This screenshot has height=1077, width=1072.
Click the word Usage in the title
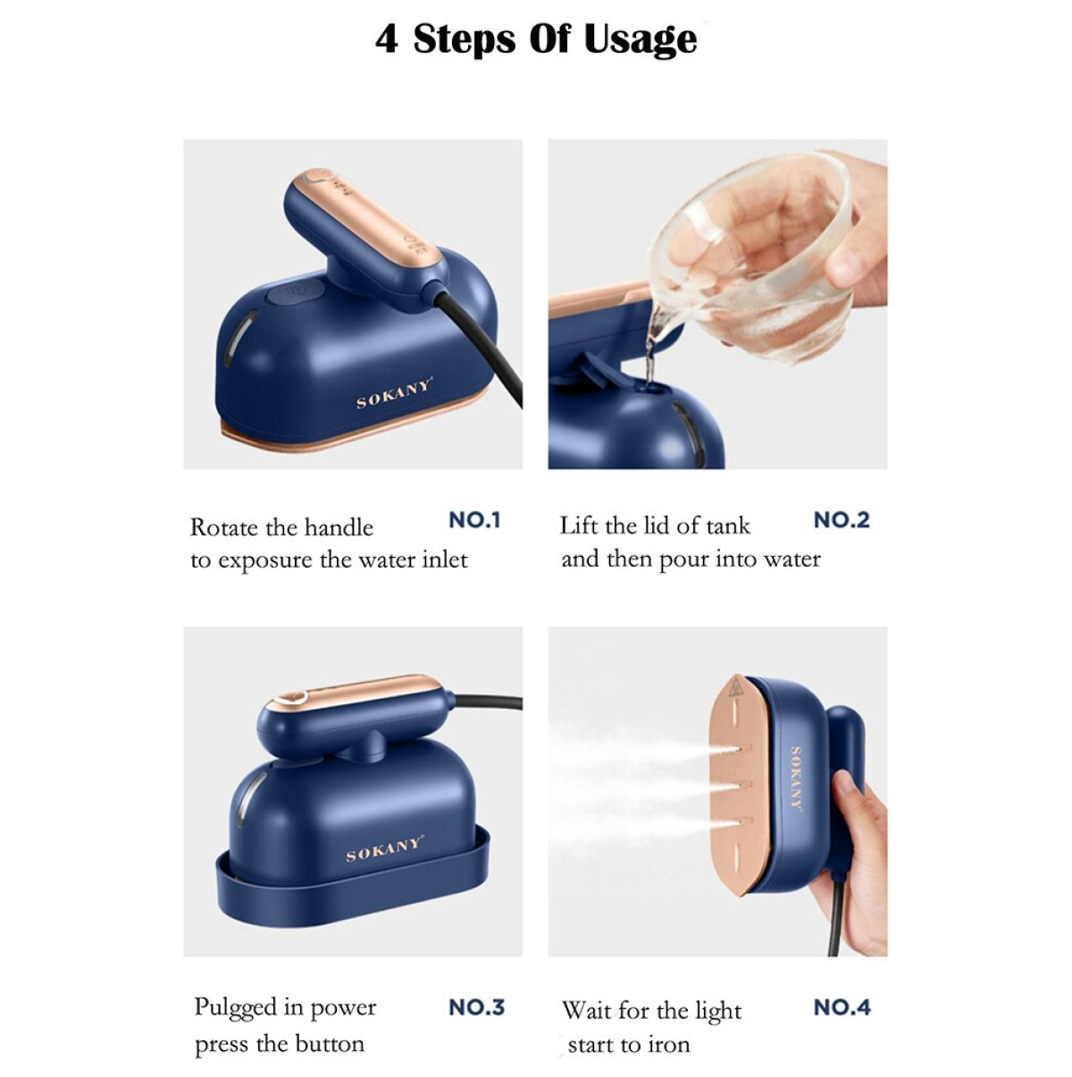tap(640, 40)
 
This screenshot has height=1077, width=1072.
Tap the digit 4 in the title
tap(387, 40)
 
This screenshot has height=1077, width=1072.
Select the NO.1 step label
tap(474, 520)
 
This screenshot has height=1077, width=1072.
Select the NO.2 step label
tap(842, 520)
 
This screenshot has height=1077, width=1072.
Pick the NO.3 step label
tap(476, 1007)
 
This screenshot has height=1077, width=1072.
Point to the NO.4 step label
tap(842, 1007)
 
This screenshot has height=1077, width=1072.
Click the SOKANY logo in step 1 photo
tap(394, 393)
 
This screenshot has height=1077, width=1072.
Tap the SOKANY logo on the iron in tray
tap(385, 849)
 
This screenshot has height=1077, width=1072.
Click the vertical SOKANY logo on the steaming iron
tap(797, 778)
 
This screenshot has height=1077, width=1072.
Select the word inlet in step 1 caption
tap(444, 560)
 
